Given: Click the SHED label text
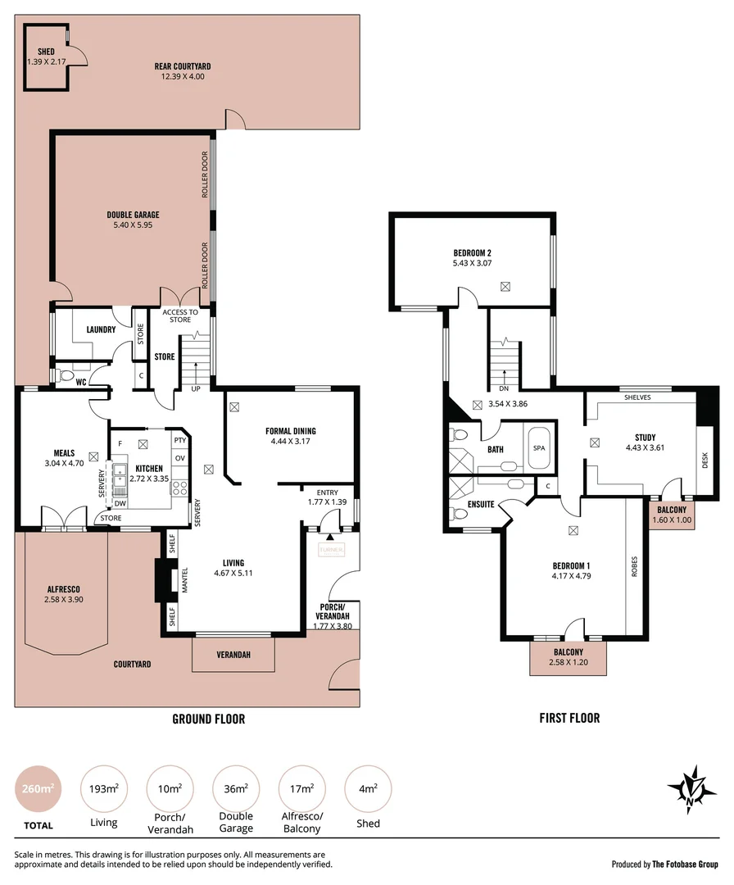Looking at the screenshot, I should coord(34,52).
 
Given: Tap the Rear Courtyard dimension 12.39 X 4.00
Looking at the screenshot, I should coord(183,77).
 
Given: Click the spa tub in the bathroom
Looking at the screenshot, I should coord(538,447).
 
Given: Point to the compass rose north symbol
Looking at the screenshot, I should coord(692,789).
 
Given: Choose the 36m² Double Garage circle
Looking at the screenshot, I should coord(236,789).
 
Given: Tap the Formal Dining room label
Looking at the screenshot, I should coord(290,431).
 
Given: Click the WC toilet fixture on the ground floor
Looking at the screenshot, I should coord(67,375).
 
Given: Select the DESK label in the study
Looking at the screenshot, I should coord(705,461).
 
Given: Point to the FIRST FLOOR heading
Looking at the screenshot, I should coord(569,718).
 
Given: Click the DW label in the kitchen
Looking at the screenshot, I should coord(120,503).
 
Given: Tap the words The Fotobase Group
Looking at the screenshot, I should coord(685,864).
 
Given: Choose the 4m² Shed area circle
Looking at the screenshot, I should coord(368,789).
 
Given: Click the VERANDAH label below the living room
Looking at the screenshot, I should coord(233,654).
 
